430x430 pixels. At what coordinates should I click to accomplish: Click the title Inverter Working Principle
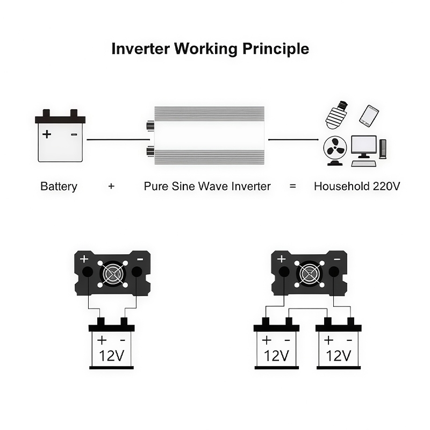(x=210, y=49)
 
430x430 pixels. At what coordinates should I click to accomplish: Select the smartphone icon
(x=369, y=116)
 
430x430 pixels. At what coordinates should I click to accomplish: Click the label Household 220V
(x=357, y=187)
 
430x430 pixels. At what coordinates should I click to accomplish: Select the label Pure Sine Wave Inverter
(x=207, y=187)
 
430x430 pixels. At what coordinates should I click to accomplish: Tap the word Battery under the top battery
(x=59, y=187)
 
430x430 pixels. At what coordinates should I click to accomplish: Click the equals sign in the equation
(x=293, y=187)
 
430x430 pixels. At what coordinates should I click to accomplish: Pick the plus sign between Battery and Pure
(x=111, y=187)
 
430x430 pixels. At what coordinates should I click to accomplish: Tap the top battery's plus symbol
(x=47, y=133)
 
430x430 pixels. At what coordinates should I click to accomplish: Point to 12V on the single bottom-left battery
(x=112, y=355)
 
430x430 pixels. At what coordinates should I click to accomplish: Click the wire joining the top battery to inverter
(x=115, y=140)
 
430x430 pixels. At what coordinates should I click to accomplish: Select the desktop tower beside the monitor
(x=383, y=149)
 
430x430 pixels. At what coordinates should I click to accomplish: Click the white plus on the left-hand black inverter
(x=84, y=259)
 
